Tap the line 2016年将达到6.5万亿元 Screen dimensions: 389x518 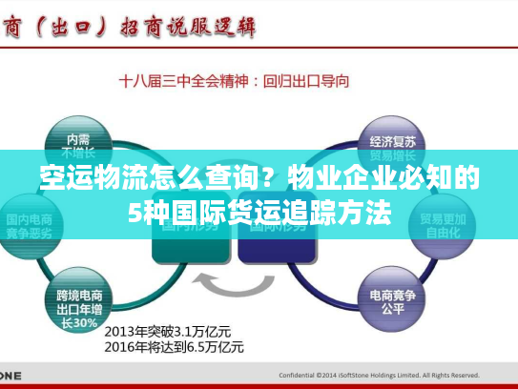(174, 347)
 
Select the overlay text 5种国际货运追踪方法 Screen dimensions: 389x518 (259, 212)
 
